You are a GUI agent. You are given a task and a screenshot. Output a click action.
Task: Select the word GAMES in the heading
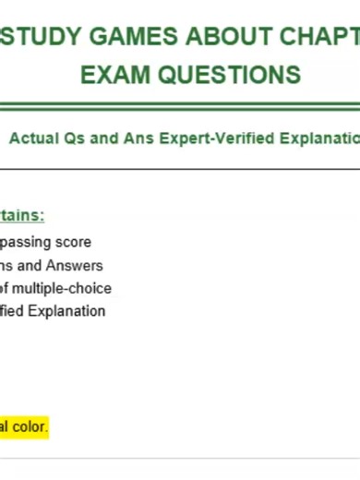click(122, 37)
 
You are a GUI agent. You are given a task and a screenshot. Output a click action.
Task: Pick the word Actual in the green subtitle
click(33, 138)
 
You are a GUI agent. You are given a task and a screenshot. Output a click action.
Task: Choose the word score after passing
click(74, 242)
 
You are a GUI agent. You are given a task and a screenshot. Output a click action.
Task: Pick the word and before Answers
click(24, 265)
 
